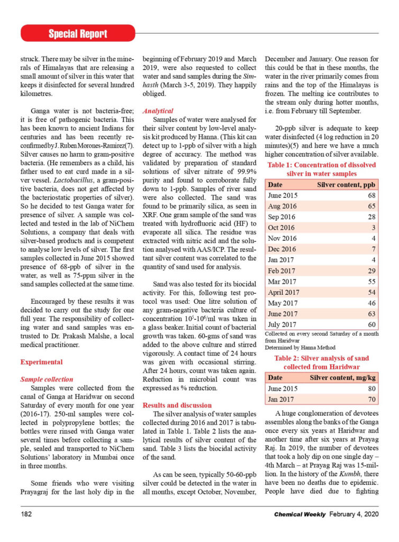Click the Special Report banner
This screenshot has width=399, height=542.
click(x=78, y=34)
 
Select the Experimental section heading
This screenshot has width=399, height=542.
click(x=41, y=362)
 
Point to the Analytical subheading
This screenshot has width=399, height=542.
click(x=158, y=111)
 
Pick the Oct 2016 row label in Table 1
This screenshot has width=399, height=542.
click(x=282, y=228)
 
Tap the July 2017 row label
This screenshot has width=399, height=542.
click(x=283, y=324)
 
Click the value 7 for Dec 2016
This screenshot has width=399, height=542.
click(x=374, y=249)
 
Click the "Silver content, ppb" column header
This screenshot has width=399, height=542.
click(x=346, y=184)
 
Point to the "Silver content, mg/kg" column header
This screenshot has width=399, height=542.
click(x=342, y=378)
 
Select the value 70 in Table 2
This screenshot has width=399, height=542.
click(x=371, y=399)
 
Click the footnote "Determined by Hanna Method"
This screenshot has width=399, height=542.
click(x=296, y=348)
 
